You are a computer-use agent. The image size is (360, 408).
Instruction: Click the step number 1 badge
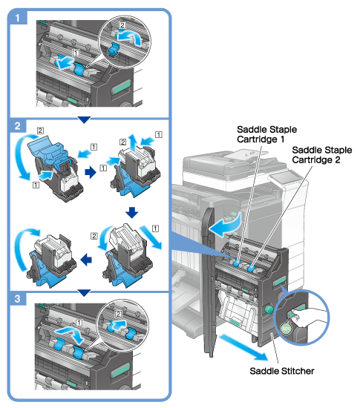18,18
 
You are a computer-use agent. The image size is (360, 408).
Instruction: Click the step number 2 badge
18,126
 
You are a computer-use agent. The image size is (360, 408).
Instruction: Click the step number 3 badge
18,298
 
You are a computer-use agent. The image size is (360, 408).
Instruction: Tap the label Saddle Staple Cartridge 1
266,134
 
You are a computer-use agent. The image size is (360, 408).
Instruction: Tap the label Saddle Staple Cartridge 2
321,155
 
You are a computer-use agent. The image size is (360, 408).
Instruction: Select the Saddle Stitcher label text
282,371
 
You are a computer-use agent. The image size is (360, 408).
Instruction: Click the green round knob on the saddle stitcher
269,309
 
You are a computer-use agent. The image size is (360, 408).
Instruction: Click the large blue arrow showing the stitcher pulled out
243,348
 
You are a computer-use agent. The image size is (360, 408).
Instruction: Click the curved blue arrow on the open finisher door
226,224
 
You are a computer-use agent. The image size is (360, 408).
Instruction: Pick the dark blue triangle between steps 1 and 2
84,119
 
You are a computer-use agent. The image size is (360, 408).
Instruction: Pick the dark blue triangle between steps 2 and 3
84,293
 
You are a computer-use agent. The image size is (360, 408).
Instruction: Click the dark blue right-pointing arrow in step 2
91,172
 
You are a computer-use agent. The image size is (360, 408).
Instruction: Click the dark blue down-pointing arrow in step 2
131,213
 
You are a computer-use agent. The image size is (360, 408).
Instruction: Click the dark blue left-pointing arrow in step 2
86,260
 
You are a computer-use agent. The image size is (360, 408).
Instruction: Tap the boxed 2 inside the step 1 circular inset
122,25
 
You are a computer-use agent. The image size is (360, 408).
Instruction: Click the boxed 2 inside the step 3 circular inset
118,314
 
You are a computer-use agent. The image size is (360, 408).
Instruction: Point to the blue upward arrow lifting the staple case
132,142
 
